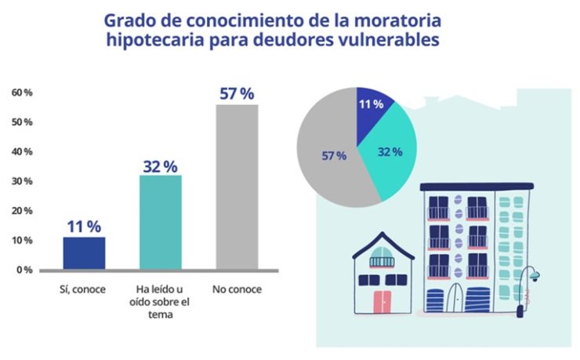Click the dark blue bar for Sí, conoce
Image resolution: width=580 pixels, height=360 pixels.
pos(85,253)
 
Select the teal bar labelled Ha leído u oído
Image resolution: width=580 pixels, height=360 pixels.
pos(161,222)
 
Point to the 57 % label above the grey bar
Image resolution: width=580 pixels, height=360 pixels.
pos(237,94)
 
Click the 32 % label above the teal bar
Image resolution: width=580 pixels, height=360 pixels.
pos(160,166)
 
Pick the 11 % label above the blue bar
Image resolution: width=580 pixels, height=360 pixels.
pos(84,227)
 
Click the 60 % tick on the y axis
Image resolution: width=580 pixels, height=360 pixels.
pos(22,93)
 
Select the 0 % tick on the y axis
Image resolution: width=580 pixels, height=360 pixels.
pos(24,270)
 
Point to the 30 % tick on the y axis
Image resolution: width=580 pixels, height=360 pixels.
pos(22,181)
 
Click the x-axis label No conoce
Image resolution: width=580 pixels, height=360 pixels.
pos(237,289)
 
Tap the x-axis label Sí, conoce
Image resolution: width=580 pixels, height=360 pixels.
pos(84,289)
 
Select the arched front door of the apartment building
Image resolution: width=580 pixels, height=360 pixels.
pos(457,298)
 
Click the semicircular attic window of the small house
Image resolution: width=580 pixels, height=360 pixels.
pos(382,261)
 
